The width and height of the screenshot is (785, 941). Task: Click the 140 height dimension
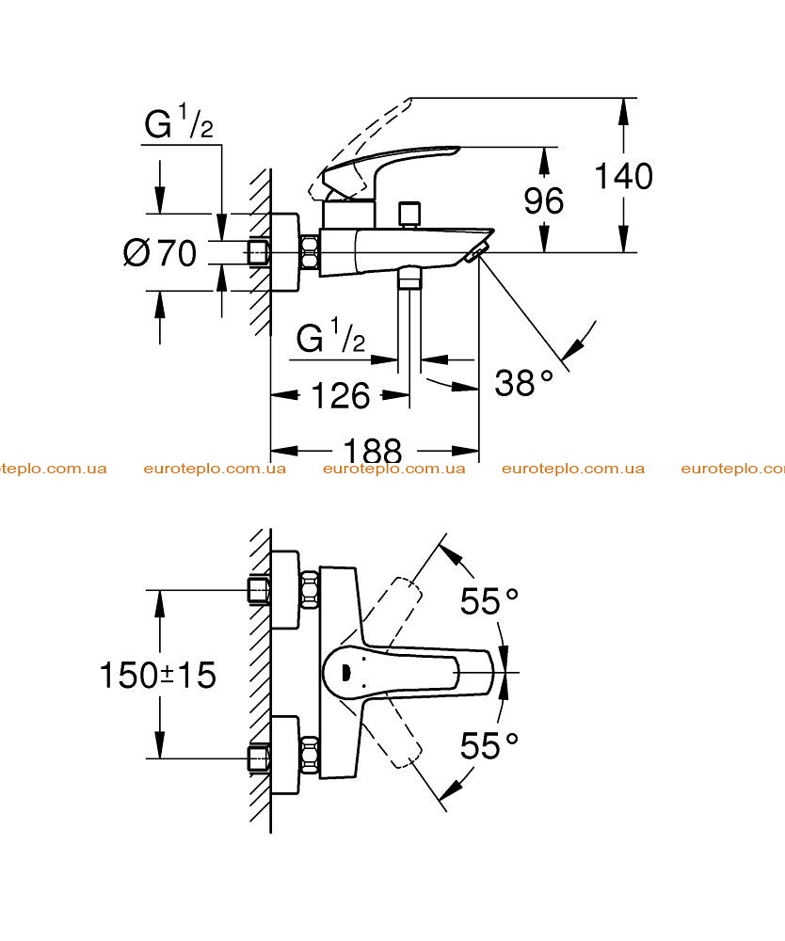(623, 177)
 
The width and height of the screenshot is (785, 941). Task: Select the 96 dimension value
(544, 200)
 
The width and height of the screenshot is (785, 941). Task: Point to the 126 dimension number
(341, 395)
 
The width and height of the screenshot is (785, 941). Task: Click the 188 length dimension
(372, 450)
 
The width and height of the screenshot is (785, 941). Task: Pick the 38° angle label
(523, 382)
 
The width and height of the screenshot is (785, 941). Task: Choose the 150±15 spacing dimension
(157, 675)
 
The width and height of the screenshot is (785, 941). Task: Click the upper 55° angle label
(489, 600)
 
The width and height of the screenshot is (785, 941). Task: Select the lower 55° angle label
(489, 746)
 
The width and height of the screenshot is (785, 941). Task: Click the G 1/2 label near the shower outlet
(330, 337)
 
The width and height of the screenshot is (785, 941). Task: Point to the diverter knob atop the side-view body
(409, 215)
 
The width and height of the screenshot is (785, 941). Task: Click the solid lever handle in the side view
(390, 171)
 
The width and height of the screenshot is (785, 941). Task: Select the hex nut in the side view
(309, 252)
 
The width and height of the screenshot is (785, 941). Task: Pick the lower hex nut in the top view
(309, 755)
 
